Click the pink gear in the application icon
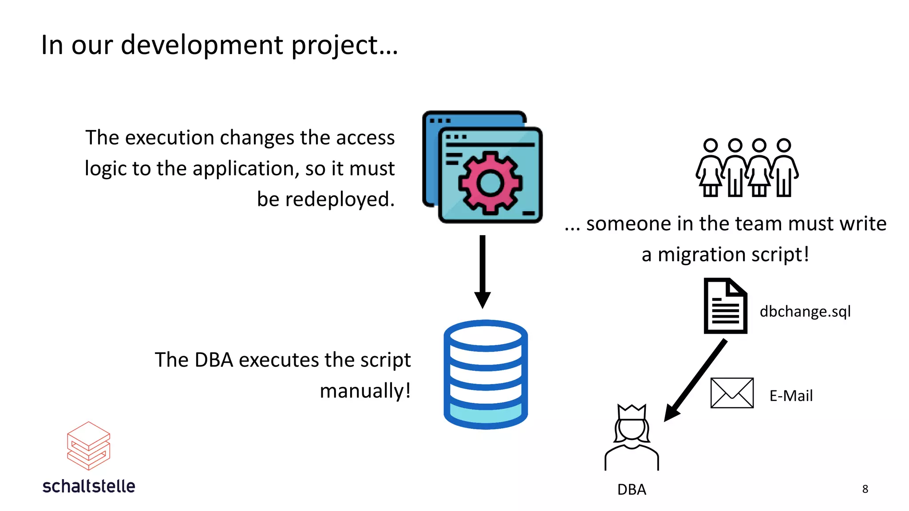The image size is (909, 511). tap(490, 182)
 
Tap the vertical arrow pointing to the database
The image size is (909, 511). tap(482, 271)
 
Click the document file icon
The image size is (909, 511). tap(725, 306)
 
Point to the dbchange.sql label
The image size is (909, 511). tap(805, 311)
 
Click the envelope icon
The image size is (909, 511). tap(732, 393)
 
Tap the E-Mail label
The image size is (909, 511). tap(791, 396)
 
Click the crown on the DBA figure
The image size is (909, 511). tap(632, 412)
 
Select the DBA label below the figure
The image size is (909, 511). tap(632, 490)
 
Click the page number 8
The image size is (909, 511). tap(865, 489)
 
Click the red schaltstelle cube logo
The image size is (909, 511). tap(88, 446)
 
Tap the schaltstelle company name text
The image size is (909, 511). tap(89, 487)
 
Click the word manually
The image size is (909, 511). tap(365, 391)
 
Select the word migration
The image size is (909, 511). tap(701, 255)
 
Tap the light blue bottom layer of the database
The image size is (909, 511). tap(486, 413)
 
